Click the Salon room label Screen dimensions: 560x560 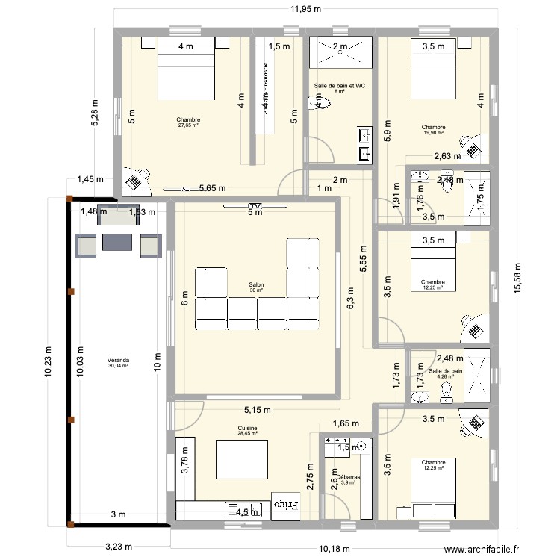point(257,284)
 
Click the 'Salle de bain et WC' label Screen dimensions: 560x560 point(340,86)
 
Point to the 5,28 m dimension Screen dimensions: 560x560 point(94,113)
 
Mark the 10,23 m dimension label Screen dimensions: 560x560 point(48,361)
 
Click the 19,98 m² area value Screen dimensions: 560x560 point(433,133)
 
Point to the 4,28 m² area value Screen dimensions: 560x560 point(446,377)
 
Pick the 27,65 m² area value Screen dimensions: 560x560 point(189,125)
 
